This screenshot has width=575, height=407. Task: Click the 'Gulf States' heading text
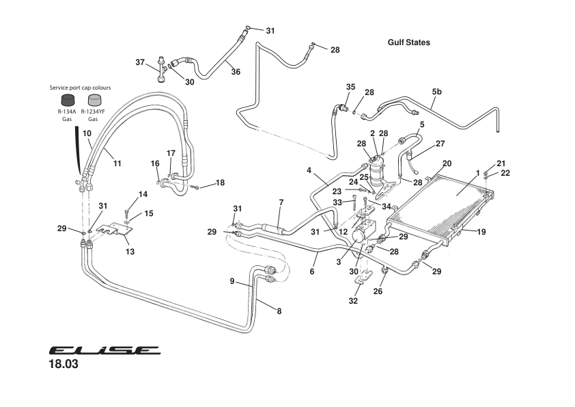[x=408, y=42]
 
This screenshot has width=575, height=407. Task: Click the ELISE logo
[x=104, y=350]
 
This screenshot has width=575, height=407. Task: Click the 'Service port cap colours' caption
[x=80, y=88]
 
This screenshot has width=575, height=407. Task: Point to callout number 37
[x=140, y=62]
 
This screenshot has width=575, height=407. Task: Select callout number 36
[x=235, y=71]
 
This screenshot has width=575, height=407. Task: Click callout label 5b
[x=436, y=91]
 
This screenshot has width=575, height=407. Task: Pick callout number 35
[x=350, y=87]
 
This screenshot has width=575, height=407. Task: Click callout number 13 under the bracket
[x=130, y=252]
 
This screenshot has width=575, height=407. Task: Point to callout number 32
[x=352, y=300]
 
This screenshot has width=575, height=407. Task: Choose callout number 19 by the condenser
[x=481, y=232]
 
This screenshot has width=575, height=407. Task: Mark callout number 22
[x=505, y=172]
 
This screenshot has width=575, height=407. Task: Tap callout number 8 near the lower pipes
[x=279, y=311]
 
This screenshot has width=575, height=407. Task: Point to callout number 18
[x=219, y=183]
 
